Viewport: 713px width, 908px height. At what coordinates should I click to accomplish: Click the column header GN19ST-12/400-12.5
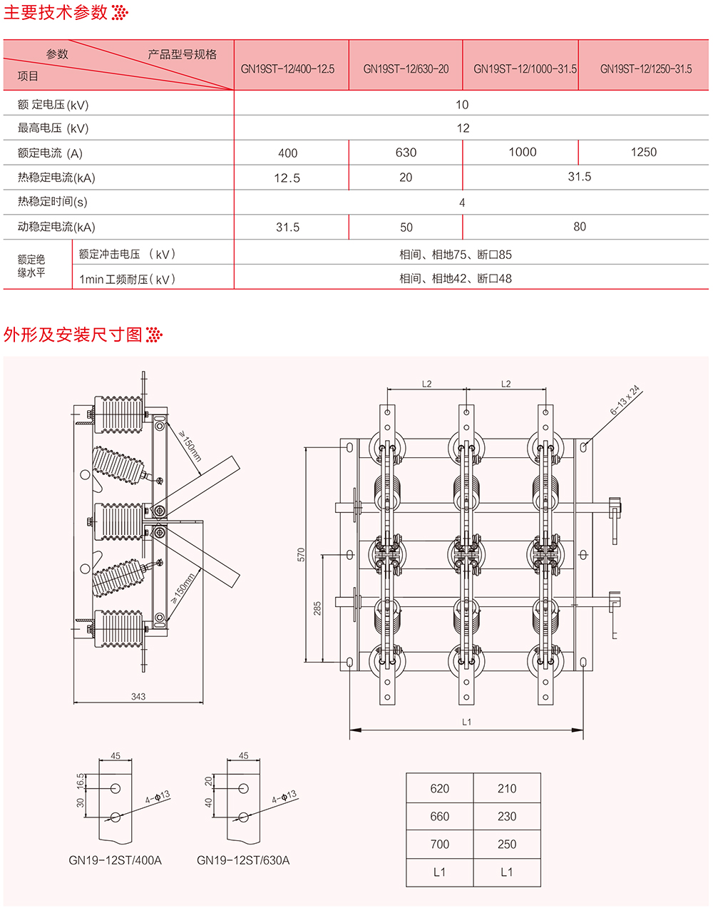287,69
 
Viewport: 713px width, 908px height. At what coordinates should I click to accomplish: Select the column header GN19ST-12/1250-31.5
646,69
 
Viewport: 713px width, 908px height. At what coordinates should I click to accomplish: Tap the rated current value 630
406,153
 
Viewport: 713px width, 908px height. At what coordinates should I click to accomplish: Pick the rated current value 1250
643,152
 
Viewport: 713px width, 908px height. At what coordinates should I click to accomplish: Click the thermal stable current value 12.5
287,178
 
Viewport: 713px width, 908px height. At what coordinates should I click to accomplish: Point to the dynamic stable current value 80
580,227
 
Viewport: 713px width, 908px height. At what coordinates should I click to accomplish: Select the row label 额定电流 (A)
50,153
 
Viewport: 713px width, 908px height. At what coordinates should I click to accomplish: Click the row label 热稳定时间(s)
52,202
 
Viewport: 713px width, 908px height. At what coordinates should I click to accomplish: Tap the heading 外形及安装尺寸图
73,335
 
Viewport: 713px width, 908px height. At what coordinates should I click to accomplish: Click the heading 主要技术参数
56,12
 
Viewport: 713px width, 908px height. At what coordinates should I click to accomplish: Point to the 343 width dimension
138,696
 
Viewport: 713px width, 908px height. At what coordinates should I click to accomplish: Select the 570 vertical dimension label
301,554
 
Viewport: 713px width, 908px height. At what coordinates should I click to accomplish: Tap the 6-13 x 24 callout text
625,401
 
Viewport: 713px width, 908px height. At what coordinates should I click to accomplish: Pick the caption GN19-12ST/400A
115,860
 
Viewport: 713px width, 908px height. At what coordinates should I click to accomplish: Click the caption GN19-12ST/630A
243,860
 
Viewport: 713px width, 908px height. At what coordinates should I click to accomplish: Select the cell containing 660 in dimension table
440,817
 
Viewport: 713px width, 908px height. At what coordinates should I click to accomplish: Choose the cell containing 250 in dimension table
507,845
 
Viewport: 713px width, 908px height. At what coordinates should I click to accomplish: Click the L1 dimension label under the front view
466,722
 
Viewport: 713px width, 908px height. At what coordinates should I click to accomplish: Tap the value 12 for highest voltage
463,128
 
